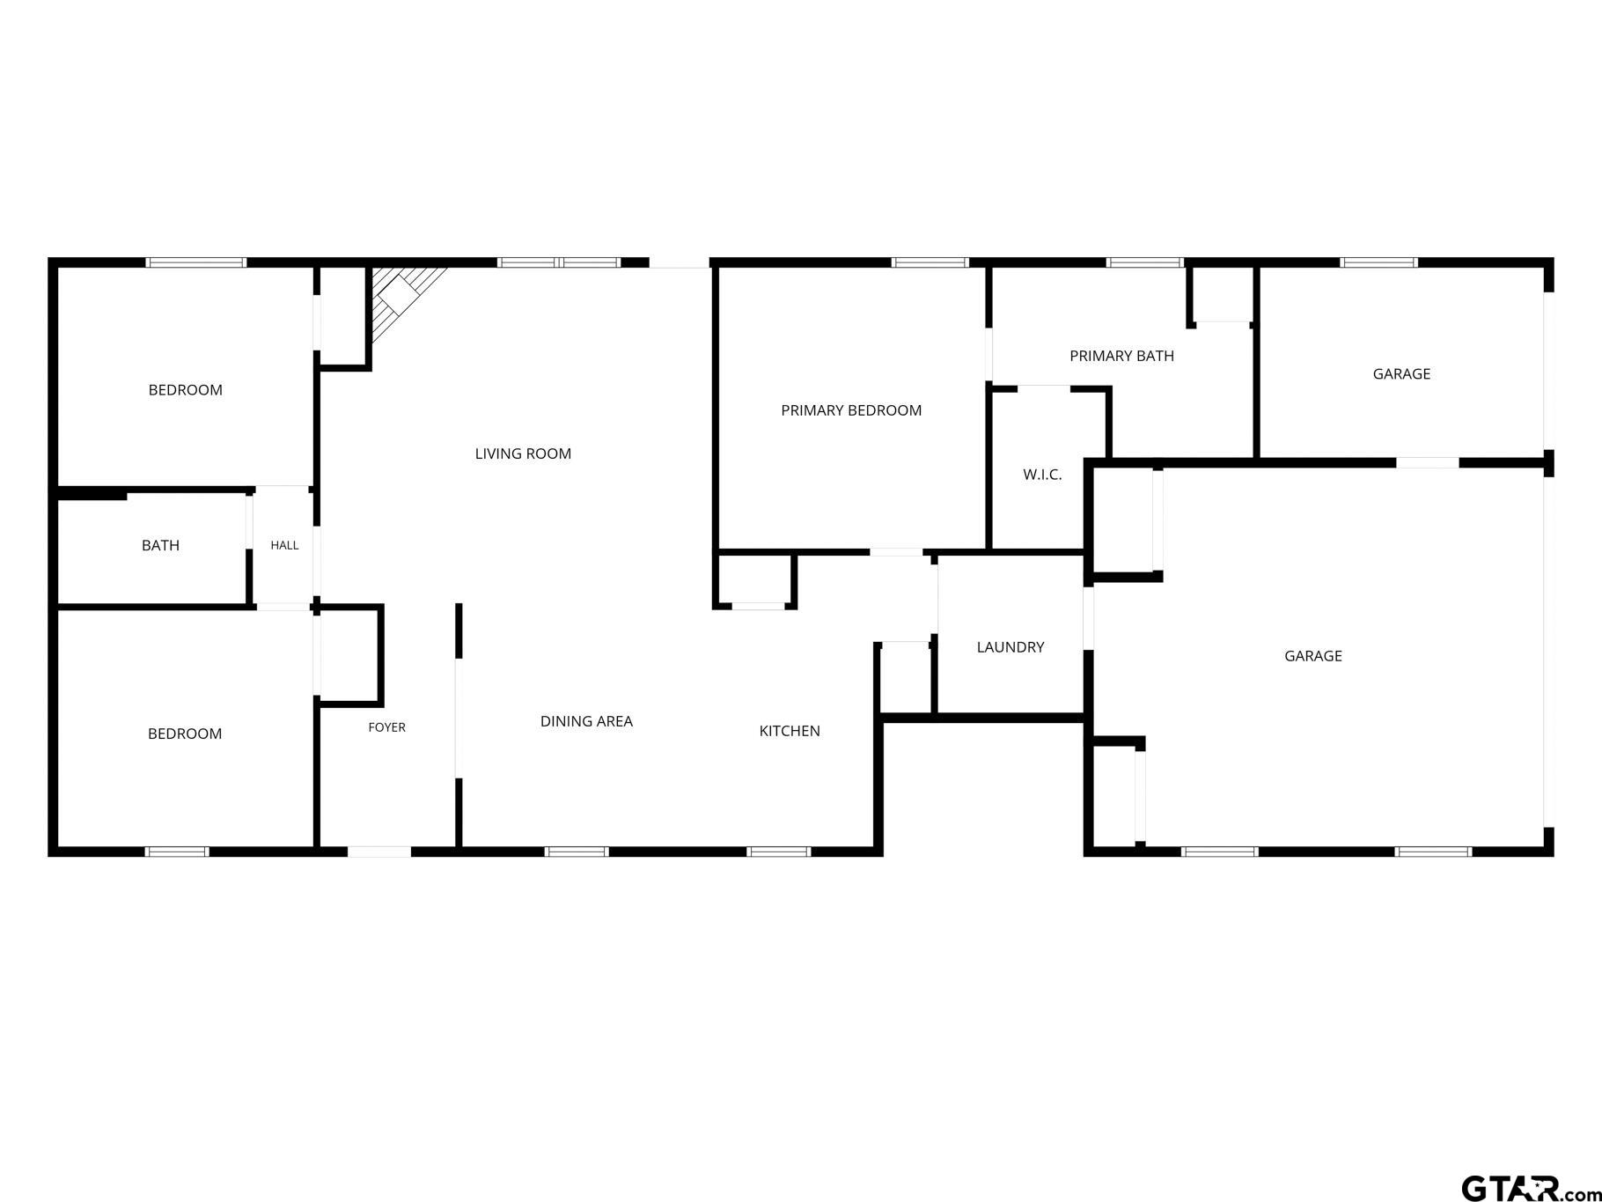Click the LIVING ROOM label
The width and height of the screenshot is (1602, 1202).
(523, 454)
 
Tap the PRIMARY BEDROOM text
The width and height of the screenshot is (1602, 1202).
(851, 410)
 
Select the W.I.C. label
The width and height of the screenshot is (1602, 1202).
(1042, 475)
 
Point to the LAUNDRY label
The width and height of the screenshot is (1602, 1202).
(1010, 647)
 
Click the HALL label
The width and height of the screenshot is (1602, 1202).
(284, 545)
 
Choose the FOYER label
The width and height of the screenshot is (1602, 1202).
(386, 727)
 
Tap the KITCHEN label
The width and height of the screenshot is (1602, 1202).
(790, 731)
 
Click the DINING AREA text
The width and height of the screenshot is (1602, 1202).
(586, 721)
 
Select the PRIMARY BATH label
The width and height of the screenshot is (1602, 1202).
(1121, 356)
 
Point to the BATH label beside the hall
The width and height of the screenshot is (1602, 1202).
(160, 546)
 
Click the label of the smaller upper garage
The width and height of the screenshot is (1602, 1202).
(1401, 374)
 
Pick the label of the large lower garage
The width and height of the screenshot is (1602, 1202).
(1312, 656)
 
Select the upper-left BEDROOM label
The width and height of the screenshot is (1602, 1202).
(185, 390)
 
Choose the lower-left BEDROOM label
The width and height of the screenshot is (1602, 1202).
(185, 734)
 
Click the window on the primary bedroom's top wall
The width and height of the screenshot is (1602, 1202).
(930, 262)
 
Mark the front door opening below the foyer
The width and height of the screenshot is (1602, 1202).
(379, 852)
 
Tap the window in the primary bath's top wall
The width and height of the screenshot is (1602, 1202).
(1144, 262)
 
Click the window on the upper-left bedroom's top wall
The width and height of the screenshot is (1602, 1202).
(195, 262)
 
